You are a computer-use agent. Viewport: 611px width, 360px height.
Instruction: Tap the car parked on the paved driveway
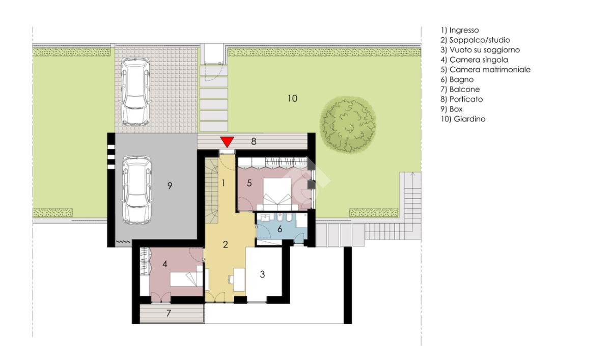135,91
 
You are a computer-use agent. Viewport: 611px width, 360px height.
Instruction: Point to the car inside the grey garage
137,190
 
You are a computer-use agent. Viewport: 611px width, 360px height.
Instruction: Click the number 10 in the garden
292,98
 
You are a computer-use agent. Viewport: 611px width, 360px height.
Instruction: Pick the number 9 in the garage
170,186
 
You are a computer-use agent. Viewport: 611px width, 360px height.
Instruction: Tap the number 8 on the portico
254,141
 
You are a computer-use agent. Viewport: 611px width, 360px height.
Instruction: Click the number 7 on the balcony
169,313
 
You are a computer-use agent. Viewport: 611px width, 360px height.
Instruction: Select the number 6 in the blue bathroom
280,229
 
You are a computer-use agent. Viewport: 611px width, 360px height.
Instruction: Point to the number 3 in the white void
262,274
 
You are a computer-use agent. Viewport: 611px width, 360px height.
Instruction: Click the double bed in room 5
277,194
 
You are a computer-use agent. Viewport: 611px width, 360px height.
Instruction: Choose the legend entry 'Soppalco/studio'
475,40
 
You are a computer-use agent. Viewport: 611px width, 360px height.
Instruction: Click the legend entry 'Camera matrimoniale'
486,70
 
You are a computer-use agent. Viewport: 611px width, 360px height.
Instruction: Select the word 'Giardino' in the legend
469,119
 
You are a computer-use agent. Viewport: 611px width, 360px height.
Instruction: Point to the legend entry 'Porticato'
461,99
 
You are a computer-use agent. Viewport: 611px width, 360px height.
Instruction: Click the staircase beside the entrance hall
212,190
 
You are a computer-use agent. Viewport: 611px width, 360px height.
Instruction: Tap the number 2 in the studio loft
225,244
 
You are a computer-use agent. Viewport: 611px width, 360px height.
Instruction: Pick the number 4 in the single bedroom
164,264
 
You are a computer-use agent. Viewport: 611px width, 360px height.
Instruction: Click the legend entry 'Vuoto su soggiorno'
480,50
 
